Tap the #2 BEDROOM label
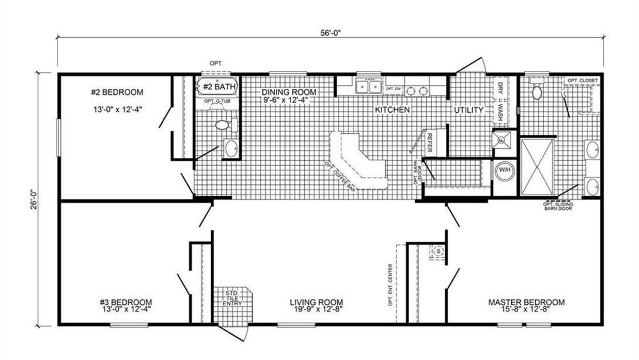pos(117,92)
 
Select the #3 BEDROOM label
pos(126,302)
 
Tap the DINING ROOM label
pos(288,92)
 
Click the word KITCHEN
pos(392,110)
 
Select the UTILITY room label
pos(469,110)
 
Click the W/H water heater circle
pos(503,170)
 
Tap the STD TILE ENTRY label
pos(231,298)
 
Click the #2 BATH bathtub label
pos(219,87)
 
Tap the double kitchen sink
pos(368,88)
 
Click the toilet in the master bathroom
pos(537,91)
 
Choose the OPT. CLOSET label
pos(582,80)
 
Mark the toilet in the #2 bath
pos(222,125)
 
